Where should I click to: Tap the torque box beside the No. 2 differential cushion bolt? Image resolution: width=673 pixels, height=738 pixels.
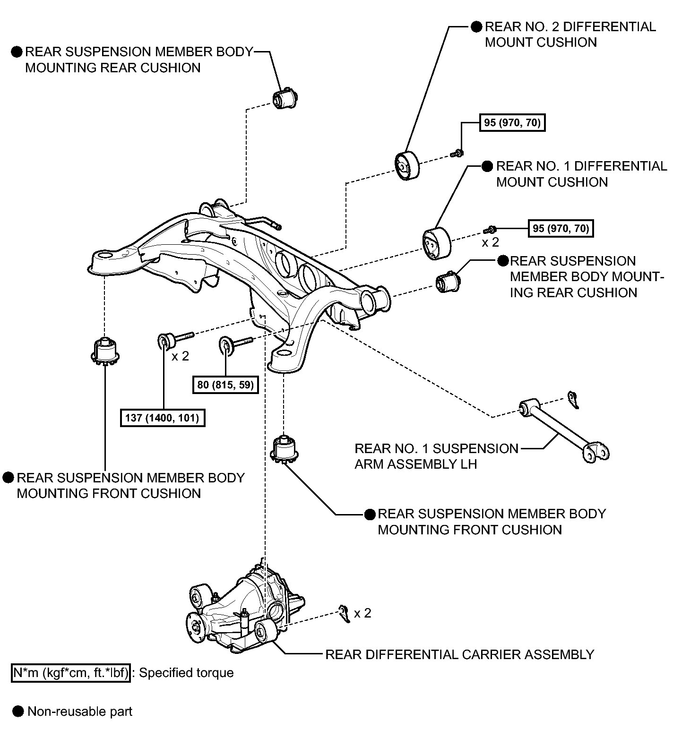[x=512, y=123]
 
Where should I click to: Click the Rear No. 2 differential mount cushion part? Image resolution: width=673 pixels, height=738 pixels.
[x=407, y=165]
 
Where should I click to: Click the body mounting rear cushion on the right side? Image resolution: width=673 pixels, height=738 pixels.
[x=448, y=282]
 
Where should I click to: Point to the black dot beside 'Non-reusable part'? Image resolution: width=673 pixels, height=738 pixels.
[x=18, y=712]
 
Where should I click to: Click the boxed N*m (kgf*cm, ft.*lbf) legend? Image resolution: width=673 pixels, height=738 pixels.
[x=70, y=672]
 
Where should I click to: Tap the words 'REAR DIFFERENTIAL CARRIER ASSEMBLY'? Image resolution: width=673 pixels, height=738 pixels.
[x=459, y=654]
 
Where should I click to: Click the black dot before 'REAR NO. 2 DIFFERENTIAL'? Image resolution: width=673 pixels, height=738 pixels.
[x=477, y=26]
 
